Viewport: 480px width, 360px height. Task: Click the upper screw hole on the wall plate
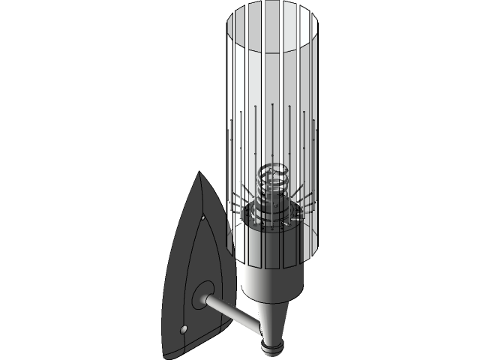[203, 218]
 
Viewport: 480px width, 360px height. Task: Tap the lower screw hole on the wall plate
[184, 329]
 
